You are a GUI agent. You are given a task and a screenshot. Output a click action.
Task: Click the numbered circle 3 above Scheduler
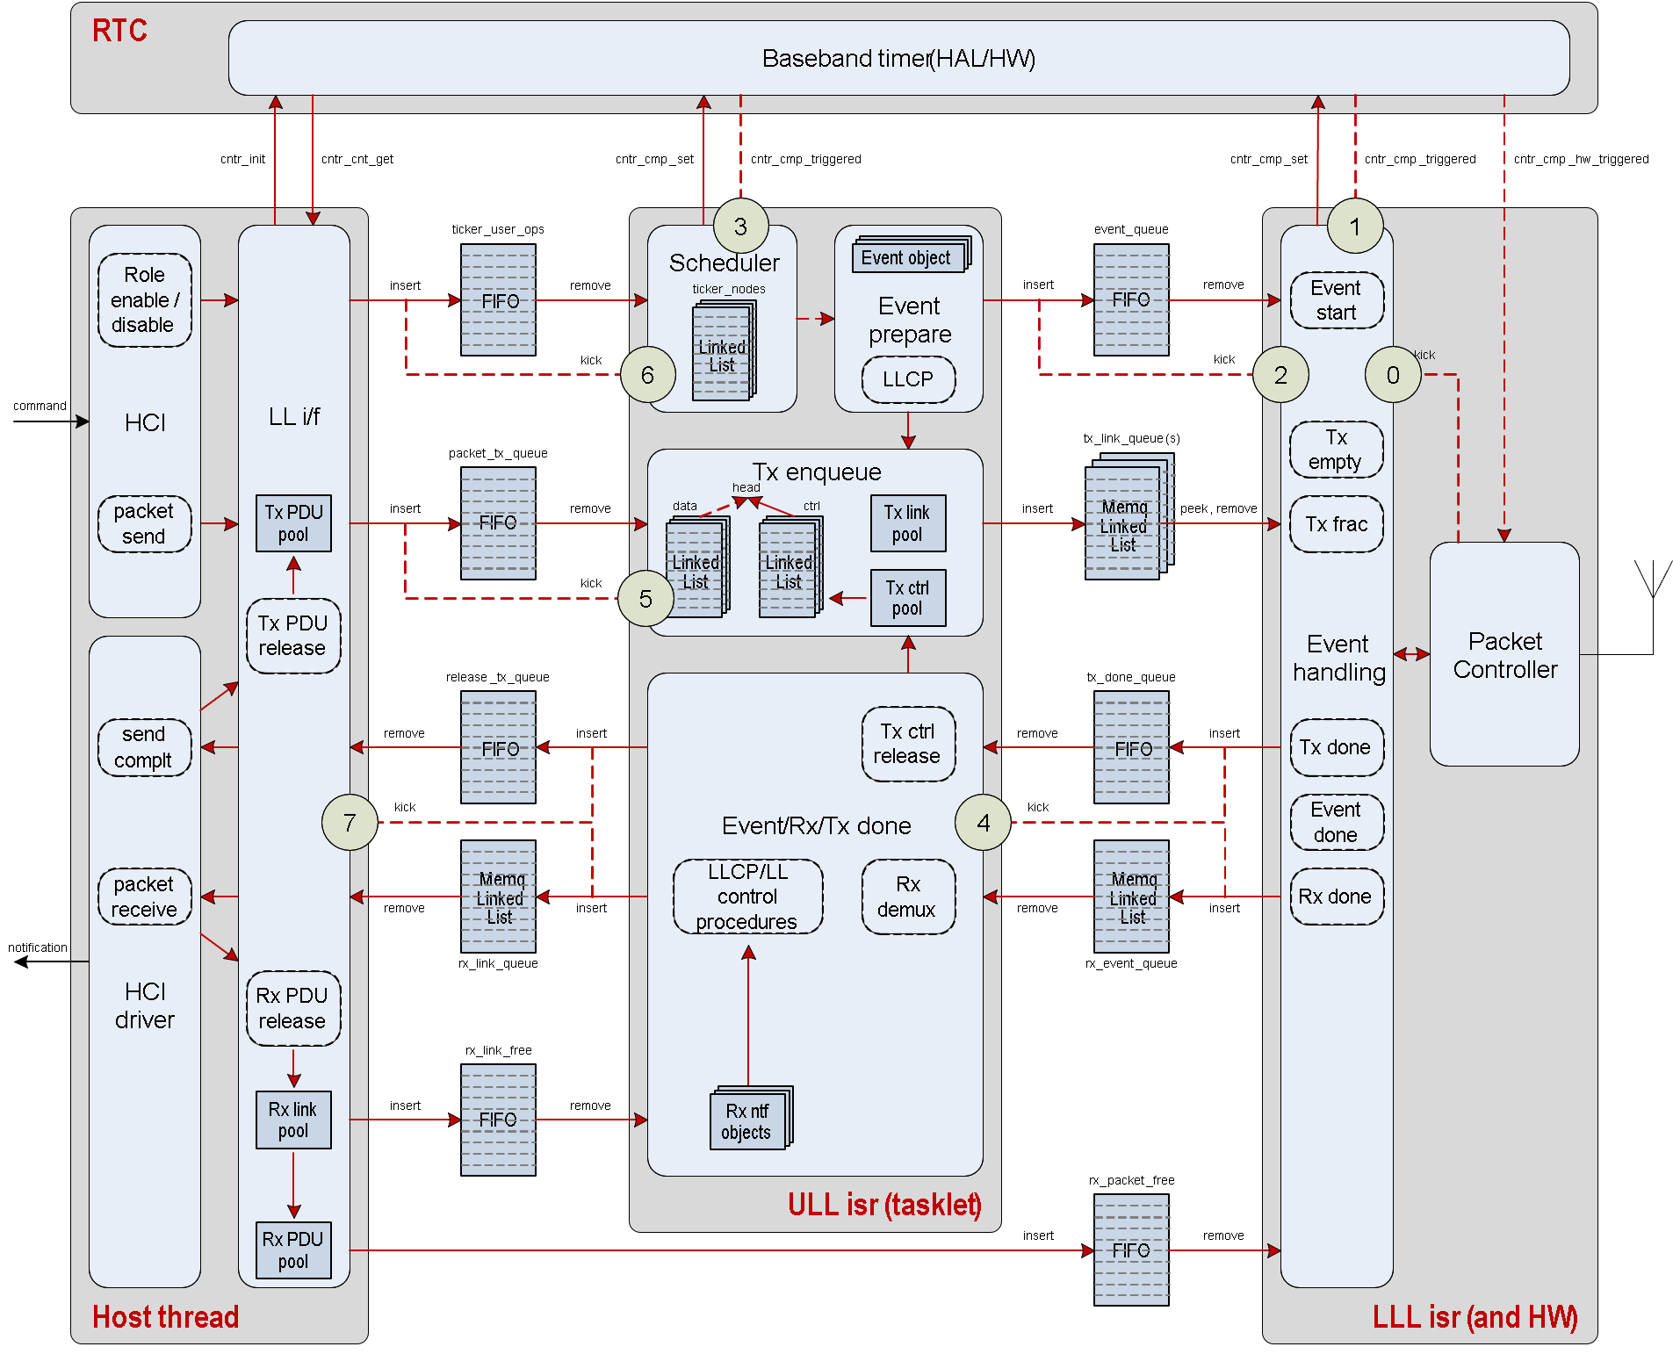point(740,227)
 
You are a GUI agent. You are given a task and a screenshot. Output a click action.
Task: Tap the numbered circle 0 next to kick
point(1393,375)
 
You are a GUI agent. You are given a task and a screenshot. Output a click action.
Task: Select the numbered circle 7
point(350,823)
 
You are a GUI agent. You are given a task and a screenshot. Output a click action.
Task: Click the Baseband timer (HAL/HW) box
point(898,58)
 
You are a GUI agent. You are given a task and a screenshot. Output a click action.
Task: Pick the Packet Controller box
point(1504,654)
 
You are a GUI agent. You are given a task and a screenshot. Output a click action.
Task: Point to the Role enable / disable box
point(144,300)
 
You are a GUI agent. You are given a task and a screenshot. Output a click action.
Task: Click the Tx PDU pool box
point(293,523)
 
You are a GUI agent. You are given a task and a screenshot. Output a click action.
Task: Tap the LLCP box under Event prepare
point(908,379)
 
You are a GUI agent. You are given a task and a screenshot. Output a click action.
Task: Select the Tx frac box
point(1336,524)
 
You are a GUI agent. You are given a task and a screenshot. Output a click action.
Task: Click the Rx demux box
point(907,897)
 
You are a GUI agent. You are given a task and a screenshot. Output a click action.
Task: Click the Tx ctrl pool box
point(907,598)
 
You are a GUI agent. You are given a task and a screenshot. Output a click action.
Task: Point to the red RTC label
point(119,31)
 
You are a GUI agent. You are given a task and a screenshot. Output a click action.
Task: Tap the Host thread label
point(165,1316)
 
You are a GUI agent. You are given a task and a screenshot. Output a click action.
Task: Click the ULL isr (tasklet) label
point(883,1204)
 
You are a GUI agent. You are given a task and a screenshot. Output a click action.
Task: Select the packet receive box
point(144,897)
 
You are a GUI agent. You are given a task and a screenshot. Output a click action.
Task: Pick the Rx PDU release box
point(293,1008)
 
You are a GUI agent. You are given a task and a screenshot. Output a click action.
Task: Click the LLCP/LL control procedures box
point(747,897)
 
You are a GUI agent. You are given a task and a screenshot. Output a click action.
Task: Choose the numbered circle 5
point(645,599)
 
